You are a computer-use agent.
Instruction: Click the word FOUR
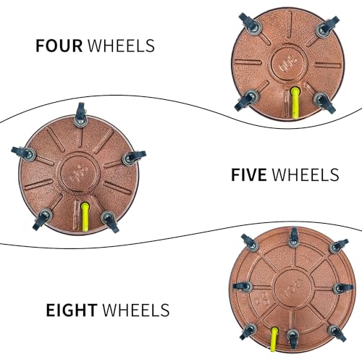point(59,46)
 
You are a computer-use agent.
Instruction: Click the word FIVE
point(249,174)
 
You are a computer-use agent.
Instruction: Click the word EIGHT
point(72,310)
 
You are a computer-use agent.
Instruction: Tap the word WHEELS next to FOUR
point(121,46)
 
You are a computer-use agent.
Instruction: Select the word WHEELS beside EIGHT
point(136,310)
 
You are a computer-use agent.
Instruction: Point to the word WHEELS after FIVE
point(306,174)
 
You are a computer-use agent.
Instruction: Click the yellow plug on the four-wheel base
point(295,103)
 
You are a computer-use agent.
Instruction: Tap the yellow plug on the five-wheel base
point(85,216)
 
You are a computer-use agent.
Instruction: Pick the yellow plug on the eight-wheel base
point(274,339)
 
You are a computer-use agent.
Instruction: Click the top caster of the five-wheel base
point(80,115)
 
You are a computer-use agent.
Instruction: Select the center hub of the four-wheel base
point(290,63)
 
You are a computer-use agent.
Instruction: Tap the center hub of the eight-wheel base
point(292,288)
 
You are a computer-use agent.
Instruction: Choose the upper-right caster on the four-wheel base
point(327,27)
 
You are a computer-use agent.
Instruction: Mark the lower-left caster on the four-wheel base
point(247,99)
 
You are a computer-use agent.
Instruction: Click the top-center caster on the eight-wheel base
point(293,237)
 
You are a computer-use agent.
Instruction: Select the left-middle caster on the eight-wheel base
point(243,287)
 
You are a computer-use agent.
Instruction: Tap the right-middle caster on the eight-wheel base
point(343,288)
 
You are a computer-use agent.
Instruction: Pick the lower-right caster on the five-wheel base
point(110,221)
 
